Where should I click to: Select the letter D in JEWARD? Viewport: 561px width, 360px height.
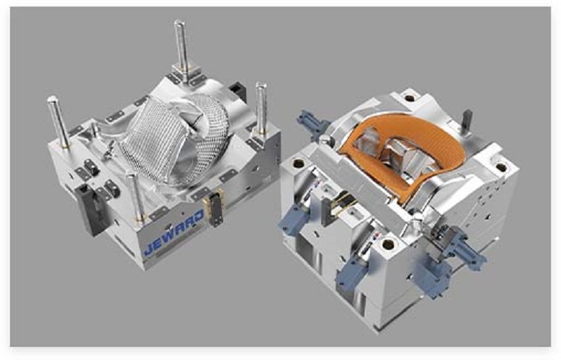click(198, 217)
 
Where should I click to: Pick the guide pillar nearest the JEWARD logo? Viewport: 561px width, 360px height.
click(135, 197)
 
